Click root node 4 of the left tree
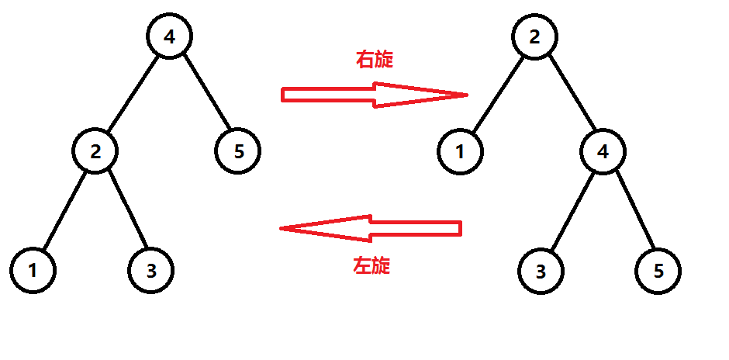[170, 36]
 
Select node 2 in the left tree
[95, 151]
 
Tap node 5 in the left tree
[238, 151]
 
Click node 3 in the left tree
[150, 270]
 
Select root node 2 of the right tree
[534, 36]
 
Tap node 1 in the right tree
[460, 151]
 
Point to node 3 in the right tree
[541, 270]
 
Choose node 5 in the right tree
[658, 270]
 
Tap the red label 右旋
[374, 60]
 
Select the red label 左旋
[371, 266]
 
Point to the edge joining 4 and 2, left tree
[133, 93]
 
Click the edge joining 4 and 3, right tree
[572, 210]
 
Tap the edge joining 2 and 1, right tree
[497, 93]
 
